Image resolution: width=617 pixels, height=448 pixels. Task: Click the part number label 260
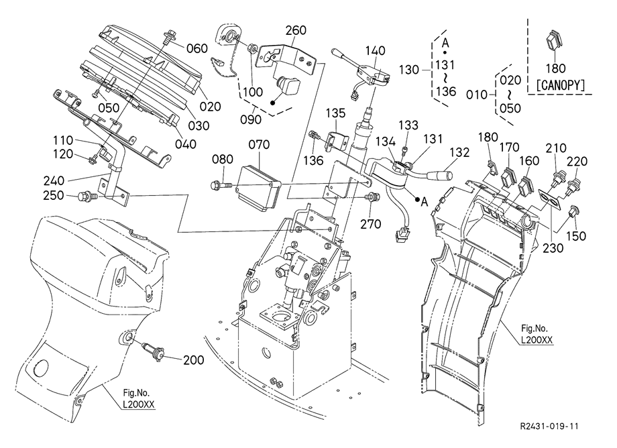296,30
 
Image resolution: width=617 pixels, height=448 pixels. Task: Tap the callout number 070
259,144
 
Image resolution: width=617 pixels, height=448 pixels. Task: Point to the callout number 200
193,360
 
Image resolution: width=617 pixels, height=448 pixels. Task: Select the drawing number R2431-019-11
548,426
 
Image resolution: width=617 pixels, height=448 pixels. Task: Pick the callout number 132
459,152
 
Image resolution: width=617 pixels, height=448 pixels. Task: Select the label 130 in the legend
408,69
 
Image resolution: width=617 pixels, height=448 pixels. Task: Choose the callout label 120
65,154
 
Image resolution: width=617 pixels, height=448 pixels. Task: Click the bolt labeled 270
371,198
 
